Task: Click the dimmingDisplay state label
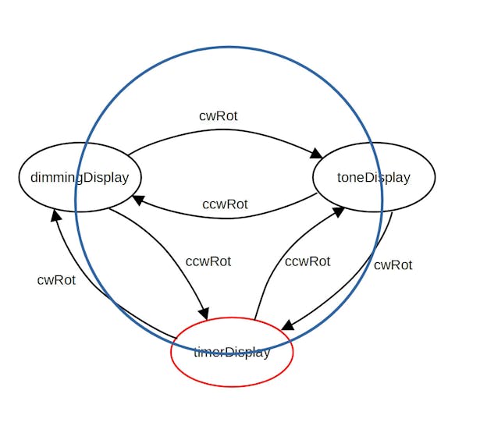pyautogui.click(x=80, y=177)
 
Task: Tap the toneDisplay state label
pyautogui.click(x=373, y=177)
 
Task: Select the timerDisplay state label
pyautogui.click(x=232, y=352)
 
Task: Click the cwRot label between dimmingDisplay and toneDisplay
pyautogui.click(x=218, y=116)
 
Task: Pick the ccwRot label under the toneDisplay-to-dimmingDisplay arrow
pyautogui.click(x=225, y=204)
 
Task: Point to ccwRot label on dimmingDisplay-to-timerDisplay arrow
pyautogui.click(x=208, y=261)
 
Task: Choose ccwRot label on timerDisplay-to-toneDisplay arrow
pyautogui.click(x=308, y=261)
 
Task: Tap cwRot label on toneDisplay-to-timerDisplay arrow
pyautogui.click(x=393, y=265)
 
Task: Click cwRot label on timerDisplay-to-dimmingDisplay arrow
pyautogui.click(x=56, y=280)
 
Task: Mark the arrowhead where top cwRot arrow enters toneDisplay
pyautogui.click(x=318, y=154)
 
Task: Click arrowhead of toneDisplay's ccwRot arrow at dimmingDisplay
pyautogui.click(x=138, y=200)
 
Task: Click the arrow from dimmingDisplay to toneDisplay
pyautogui.click(x=226, y=131)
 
